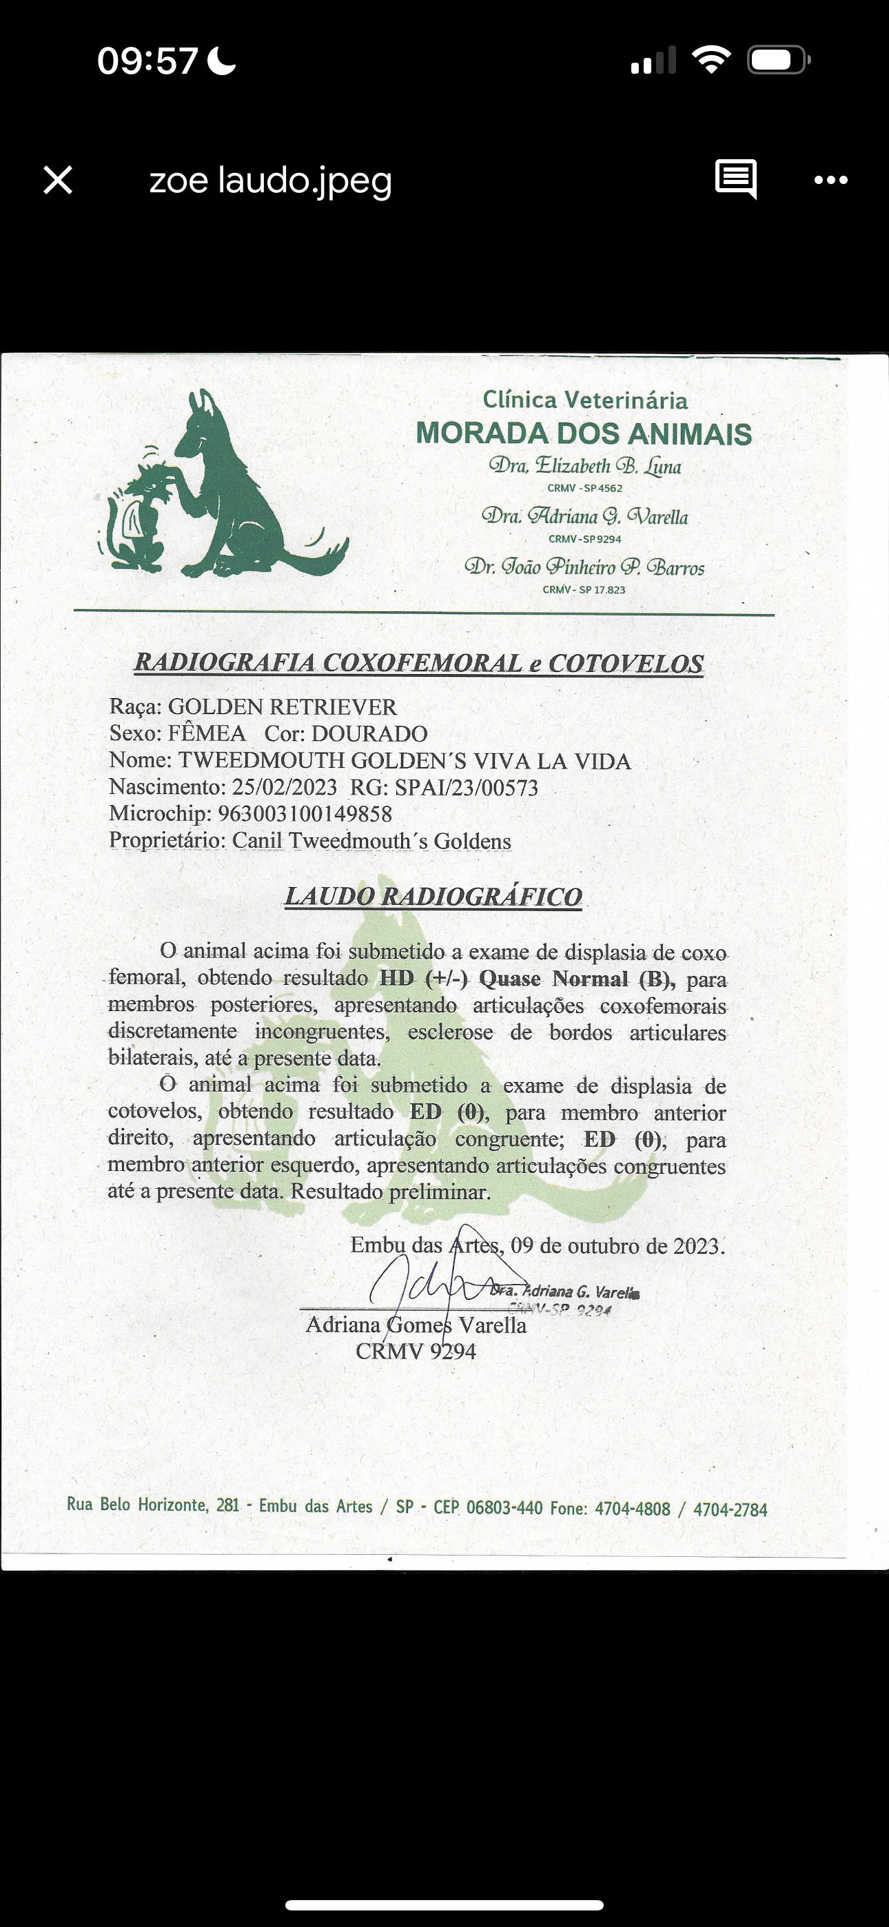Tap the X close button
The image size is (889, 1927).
pyautogui.click(x=58, y=181)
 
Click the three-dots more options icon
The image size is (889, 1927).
pyautogui.click(x=830, y=181)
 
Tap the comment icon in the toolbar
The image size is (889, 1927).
pyautogui.click(x=735, y=179)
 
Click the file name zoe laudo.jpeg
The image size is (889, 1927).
pyautogui.click(x=270, y=181)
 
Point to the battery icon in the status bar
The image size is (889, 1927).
pyautogui.click(x=777, y=60)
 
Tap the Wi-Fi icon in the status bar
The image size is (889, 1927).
pyautogui.click(x=711, y=59)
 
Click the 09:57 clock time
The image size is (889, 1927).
pyautogui.click(x=147, y=61)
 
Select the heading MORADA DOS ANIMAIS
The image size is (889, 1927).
pyautogui.click(x=584, y=434)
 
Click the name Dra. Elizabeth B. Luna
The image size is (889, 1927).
pyautogui.click(x=584, y=467)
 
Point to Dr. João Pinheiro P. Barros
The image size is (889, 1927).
pyautogui.click(x=584, y=567)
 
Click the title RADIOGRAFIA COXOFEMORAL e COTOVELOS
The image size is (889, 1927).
pyautogui.click(x=418, y=664)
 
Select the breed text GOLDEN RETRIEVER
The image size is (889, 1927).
pyautogui.click(x=282, y=707)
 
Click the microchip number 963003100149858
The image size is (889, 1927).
pyautogui.click(x=305, y=814)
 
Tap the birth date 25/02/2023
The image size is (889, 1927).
pyautogui.click(x=285, y=787)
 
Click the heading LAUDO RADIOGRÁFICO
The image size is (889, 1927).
pyautogui.click(x=433, y=896)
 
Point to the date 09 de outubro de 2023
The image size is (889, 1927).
pyautogui.click(x=618, y=1246)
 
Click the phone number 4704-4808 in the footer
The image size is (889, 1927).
pyautogui.click(x=633, y=1508)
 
